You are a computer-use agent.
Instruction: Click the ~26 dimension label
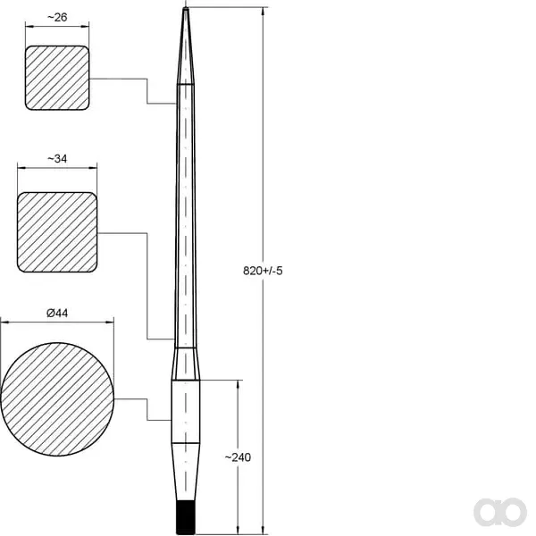pos(57,18)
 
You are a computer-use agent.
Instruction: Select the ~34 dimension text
pos(57,159)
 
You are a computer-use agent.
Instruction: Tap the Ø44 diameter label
pos(57,313)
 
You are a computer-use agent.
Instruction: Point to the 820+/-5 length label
pos(263,271)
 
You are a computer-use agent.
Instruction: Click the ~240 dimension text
pos(238,457)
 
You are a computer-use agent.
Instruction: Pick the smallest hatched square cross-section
pos(57,78)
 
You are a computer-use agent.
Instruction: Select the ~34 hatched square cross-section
pos(57,232)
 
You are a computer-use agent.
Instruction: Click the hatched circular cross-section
pos(57,399)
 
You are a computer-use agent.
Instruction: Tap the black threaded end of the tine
pos(186,517)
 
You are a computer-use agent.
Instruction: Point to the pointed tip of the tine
pos(186,7)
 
